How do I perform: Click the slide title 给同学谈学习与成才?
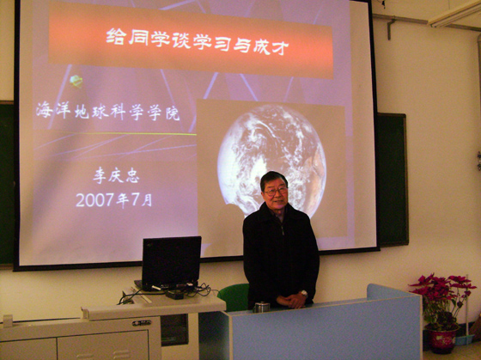pyautogui.click(x=198, y=41)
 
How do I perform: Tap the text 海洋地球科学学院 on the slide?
pyautogui.click(x=107, y=113)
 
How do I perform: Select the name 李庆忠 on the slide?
pyautogui.click(x=116, y=175)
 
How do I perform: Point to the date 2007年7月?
pyautogui.click(x=113, y=200)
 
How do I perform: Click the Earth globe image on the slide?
pyautogui.click(x=271, y=160)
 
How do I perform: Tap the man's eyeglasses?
pyautogui.click(x=276, y=192)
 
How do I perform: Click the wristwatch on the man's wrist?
pyautogui.click(x=304, y=293)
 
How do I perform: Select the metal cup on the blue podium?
pyautogui.click(x=261, y=307)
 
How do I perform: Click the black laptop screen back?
pyautogui.click(x=171, y=262)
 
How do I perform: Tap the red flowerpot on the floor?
pyautogui.click(x=442, y=339)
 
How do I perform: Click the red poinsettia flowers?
pyautogui.click(x=441, y=287)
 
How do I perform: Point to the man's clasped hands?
pyautogui.click(x=291, y=301)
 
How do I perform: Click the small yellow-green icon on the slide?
pyautogui.click(x=76, y=82)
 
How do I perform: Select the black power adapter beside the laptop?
pyautogui.click(x=174, y=295)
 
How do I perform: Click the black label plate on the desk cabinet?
pyautogui.click(x=142, y=322)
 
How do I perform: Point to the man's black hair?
pyautogui.click(x=273, y=180)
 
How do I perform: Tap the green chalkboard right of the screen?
pyautogui.click(x=393, y=180)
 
